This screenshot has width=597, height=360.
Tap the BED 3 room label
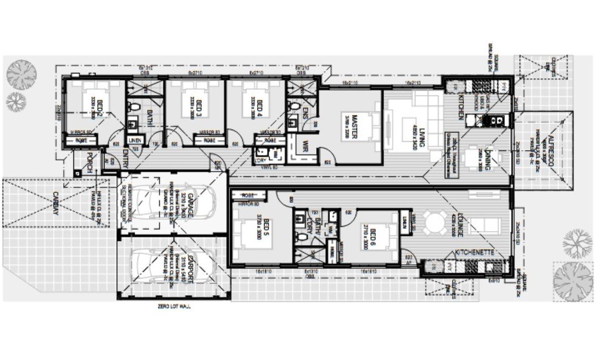(x=199, y=107)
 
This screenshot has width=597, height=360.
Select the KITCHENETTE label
(x=471, y=252)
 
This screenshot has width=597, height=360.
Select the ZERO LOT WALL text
(x=175, y=307)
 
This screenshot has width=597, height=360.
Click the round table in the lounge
(x=434, y=221)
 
